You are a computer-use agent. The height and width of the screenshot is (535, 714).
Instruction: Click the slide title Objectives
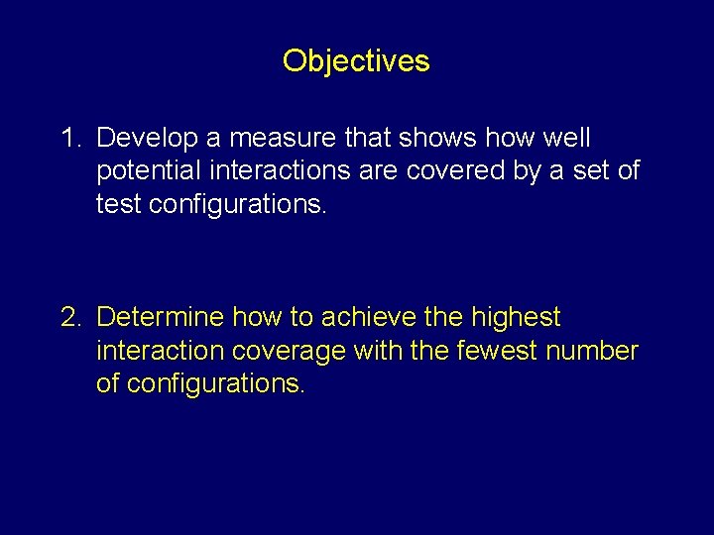click(356, 61)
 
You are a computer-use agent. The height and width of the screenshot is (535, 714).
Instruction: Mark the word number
click(599, 351)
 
